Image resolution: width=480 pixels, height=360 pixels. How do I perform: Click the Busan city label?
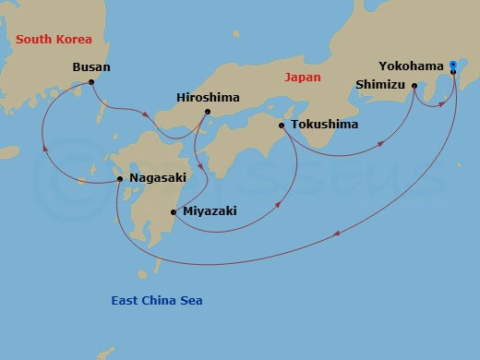tap(91, 67)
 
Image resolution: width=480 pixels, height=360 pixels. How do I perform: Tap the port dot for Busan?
tap(91, 82)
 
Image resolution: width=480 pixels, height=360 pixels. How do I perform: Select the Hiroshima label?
tap(208, 96)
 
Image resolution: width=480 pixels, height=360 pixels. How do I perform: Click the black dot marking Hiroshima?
tap(208, 112)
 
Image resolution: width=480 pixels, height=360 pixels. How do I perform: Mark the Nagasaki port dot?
tap(120, 179)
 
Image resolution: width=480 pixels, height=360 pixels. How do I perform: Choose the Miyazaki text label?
tap(210, 211)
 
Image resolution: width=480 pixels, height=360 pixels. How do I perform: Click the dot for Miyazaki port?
tap(174, 212)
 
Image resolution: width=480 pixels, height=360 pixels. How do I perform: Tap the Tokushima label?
tap(323, 125)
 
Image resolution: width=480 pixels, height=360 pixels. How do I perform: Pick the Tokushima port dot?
tap(282, 125)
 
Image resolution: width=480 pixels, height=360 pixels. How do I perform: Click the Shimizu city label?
tap(380, 85)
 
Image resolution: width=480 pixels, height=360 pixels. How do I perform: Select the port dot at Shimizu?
tap(414, 86)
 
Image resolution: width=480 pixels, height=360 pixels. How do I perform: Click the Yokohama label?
tap(411, 66)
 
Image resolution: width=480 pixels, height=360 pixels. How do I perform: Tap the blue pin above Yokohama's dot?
tap(453, 64)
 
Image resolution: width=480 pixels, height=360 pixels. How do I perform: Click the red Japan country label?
tap(304, 78)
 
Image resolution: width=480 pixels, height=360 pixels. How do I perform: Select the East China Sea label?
tap(157, 301)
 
